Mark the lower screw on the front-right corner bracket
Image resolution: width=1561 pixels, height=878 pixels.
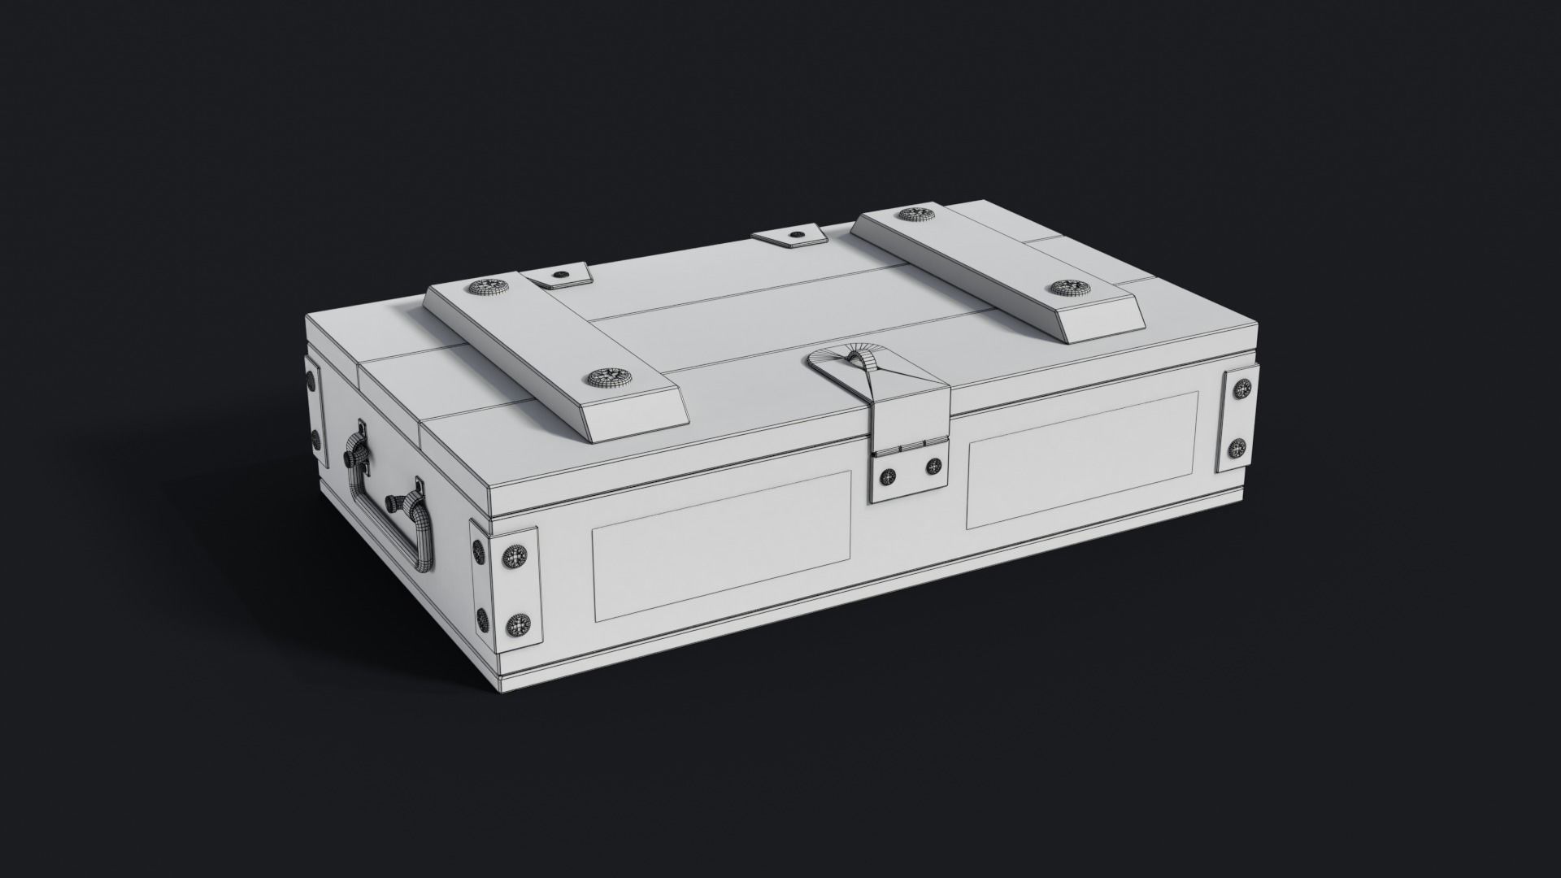(1239, 446)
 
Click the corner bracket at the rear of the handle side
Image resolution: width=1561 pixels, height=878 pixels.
(313, 406)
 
